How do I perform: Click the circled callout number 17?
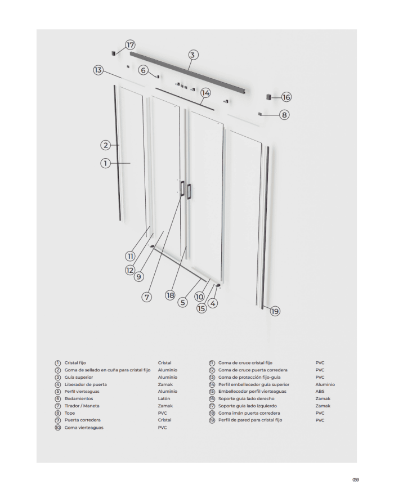(131, 45)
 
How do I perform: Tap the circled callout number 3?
(192, 55)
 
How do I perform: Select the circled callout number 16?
(286, 97)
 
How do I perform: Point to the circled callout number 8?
(285, 115)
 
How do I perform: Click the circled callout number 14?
(205, 92)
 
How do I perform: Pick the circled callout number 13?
(98, 70)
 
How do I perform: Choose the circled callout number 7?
(147, 297)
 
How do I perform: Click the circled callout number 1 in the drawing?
(105, 163)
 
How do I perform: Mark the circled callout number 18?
(171, 295)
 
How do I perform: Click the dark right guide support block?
(269, 97)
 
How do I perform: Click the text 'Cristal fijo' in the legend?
(75, 363)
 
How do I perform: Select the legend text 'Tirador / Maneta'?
(82, 406)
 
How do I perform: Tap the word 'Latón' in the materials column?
(164, 398)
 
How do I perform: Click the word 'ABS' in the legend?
(320, 391)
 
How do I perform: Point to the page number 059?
(355, 479)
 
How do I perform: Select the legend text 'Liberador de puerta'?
(86, 384)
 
